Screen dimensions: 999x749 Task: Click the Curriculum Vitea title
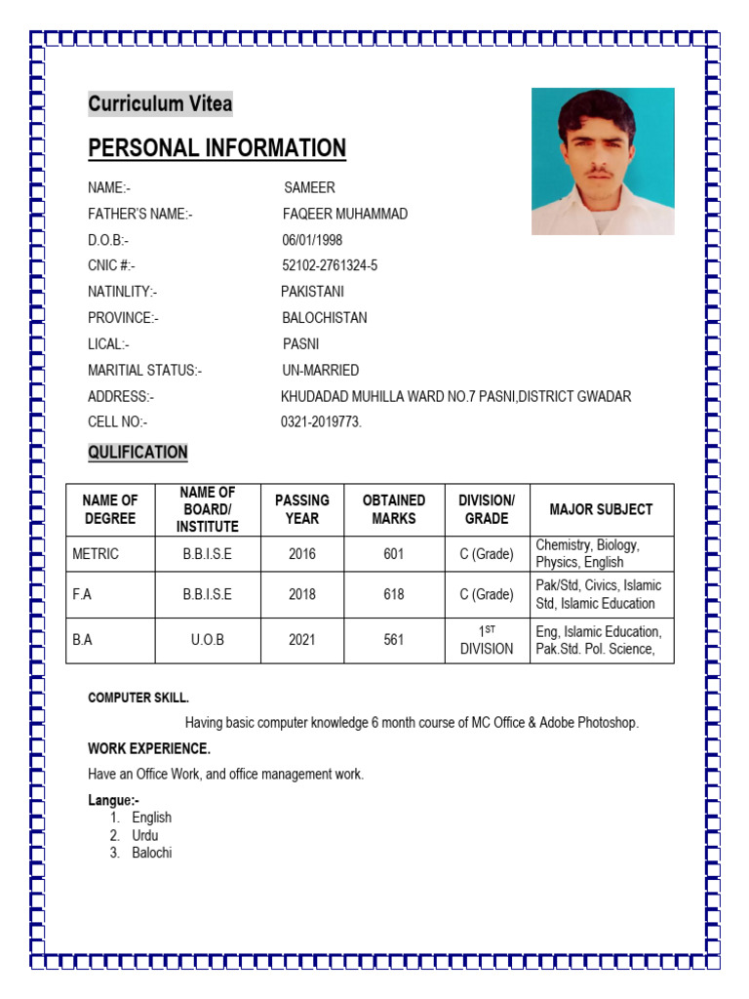click(160, 104)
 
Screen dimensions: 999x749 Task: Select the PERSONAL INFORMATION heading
click(217, 148)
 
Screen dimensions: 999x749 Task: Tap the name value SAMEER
click(309, 187)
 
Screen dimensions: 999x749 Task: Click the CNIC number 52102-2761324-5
click(330, 265)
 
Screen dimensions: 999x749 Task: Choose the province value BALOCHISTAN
click(325, 318)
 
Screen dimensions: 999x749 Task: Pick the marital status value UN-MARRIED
click(320, 371)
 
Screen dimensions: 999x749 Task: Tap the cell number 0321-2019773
click(321, 422)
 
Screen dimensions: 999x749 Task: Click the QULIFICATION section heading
click(138, 453)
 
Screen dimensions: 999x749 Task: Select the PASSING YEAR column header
click(302, 509)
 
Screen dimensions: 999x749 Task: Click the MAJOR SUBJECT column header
click(601, 509)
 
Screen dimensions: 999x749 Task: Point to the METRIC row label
click(96, 554)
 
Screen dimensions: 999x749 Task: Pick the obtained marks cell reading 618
click(394, 594)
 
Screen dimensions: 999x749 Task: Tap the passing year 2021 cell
click(302, 640)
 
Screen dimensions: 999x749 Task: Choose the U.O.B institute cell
click(208, 640)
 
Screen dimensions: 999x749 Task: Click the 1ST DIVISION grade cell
click(487, 640)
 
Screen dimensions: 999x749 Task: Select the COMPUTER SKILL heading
click(138, 698)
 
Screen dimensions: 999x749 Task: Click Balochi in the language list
click(152, 853)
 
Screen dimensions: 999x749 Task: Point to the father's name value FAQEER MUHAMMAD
click(345, 214)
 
